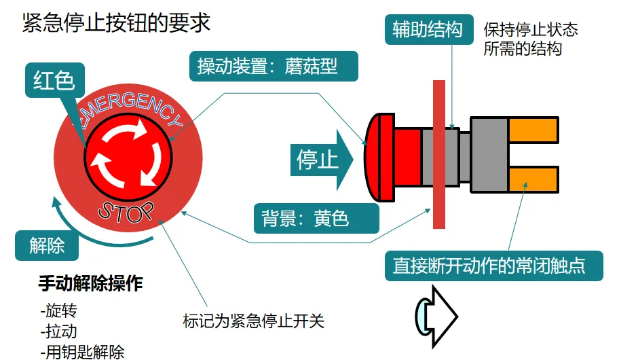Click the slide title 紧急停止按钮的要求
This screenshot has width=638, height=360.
pos(116,22)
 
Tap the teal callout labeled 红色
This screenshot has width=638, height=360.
pos(54,81)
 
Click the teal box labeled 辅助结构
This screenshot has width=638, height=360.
pos(428,29)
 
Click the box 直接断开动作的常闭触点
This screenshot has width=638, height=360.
pos(489,265)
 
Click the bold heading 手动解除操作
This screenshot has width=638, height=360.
pos(92,283)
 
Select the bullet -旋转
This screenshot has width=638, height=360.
pos(59,311)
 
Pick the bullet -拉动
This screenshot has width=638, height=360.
pos(59,331)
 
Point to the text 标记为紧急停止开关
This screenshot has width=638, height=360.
pos(254,320)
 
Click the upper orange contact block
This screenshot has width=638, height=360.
pos(533,130)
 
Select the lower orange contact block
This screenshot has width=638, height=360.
pos(533,180)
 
